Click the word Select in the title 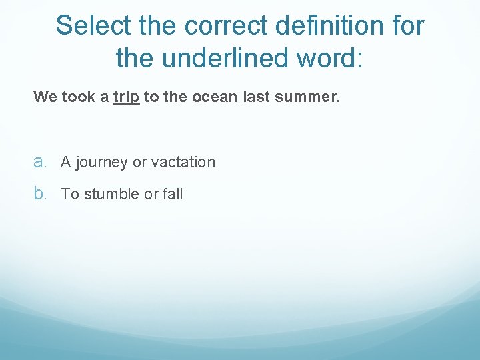(x=92, y=26)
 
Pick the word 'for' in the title (x=406, y=26)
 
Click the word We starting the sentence (x=45, y=97)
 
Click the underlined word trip (x=126, y=97)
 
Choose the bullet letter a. (x=41, y=162)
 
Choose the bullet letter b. (x=41, y=194)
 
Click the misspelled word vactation (x=183, y=162)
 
